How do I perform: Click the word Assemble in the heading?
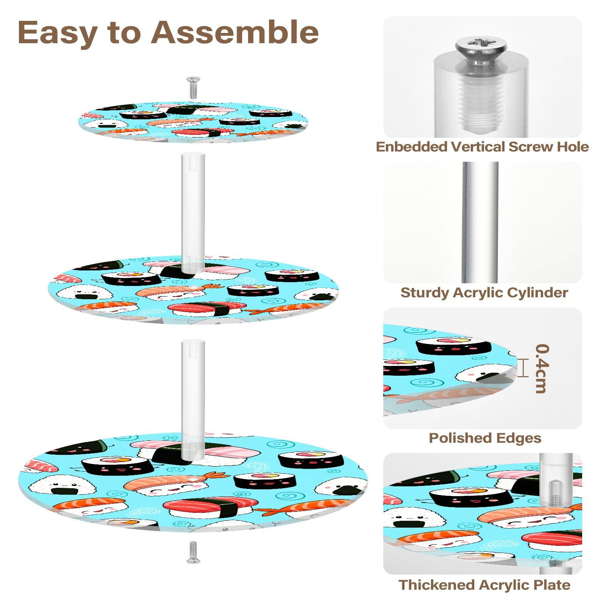(x=235, y=33)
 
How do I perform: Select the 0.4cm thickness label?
(x=542, y=368)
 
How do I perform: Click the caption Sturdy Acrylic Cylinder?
(x=484, y=293)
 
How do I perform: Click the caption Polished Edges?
(x=485, y=438)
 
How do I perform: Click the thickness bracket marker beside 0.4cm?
(x=523, y=368)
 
